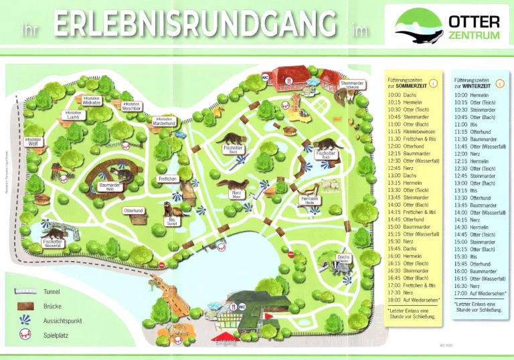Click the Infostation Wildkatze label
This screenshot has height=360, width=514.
(92, 100)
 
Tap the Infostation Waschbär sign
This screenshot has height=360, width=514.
(131, 106)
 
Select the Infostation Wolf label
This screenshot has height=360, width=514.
(33, 141)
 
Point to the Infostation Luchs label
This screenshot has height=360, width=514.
(74, 115)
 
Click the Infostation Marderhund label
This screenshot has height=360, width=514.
(164, 121)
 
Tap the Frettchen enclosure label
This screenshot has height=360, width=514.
(167, 179)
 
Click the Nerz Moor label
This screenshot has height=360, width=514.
(236, 194)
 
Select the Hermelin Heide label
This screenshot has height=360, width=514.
(309, 200)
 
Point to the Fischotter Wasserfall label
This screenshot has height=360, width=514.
(52, 243)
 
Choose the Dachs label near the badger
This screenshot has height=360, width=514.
(343, 258)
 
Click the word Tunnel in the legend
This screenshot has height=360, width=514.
(52, 292)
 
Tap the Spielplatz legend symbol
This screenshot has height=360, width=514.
(24, 334)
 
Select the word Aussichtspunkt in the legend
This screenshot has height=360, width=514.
(62, 321)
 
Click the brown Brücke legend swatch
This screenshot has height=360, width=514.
(25, 306)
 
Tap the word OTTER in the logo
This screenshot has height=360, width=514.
(475, 22)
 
